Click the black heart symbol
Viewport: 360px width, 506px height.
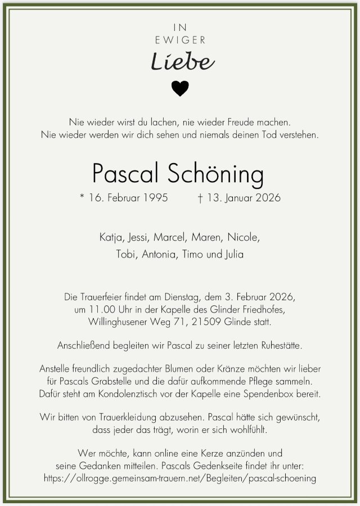[x=180, y=88]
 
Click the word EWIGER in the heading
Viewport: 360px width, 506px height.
[x=180, y=40]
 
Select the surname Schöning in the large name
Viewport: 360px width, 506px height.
[x=215, y=174]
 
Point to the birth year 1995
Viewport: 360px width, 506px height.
[x=155, y=198]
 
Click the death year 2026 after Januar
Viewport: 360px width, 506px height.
[x=267, y=198]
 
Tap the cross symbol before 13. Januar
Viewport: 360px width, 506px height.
[x=201, y=198]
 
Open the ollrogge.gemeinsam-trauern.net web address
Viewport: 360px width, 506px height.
[x=180, y=478]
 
